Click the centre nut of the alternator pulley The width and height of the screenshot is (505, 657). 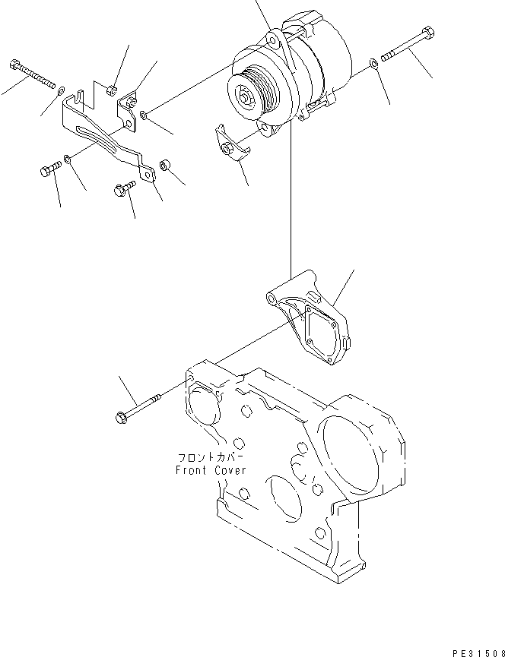pyautogui.click(x=244, y=99)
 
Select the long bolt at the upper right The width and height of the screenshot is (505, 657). pyautogui.click(x=408, y=43)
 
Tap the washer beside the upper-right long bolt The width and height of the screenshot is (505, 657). pyautogui.click(x=373, y=64)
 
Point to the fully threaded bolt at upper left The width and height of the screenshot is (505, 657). pyautogui.click(x=32, y=74)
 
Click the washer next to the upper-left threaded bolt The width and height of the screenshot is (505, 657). pyautogui.click(x=61, y=90)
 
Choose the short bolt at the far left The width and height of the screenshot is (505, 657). pyautogui.click(x=51, y=169)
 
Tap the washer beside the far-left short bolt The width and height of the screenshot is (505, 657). pyautogui.click(x=67, y=159)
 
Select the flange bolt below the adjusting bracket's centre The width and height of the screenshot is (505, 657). pyautogui.click(x=125, y=188)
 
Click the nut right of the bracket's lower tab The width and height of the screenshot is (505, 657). pyautogui.click(x=164, y=166)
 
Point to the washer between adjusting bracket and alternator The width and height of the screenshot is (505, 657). pyautogui.click(x=144, y=115)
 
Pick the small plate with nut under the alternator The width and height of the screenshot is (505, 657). pyautogui.click(x=232, y=144)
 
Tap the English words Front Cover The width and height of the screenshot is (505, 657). pyautogui.click(x=211, y=471)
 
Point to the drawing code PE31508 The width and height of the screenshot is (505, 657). pyautogui.click(x=478, y=653)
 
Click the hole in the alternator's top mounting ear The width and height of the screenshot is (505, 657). pyautogui.click(x=272, y=42)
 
